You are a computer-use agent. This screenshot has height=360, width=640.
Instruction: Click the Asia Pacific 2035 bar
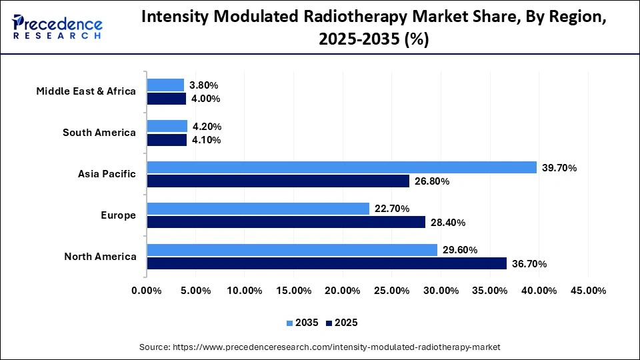coord(341,167)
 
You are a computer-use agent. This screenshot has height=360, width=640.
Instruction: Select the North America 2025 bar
coord(327,263)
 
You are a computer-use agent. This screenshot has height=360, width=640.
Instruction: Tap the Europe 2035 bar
coord(258,209)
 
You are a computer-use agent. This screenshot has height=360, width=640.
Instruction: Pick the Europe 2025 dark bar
coord(286,222)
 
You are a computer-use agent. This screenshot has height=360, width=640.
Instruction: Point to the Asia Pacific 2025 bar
coord(278,181)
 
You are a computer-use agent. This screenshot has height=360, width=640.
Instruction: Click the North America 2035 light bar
coord(292,250)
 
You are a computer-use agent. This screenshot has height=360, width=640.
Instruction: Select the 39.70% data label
coord(559,168)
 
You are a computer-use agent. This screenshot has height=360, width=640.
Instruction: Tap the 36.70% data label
coord(529,264)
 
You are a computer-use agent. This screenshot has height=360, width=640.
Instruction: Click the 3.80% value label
coord(204,85)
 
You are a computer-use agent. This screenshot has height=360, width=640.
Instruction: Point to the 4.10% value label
coord(207,140)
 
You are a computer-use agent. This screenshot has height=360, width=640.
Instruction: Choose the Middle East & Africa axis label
coord(86,91)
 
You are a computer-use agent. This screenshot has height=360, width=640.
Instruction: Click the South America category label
coord(99,133)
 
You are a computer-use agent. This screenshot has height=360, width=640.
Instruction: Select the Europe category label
coord(119,215)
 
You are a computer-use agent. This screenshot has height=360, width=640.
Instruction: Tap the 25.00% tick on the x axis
coord(391,291)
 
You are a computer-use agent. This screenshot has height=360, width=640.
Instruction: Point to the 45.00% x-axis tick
coord(587,291)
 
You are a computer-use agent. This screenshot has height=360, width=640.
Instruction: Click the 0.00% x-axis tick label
coord(147,291)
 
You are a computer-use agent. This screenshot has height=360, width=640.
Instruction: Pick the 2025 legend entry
coord(341,323)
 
